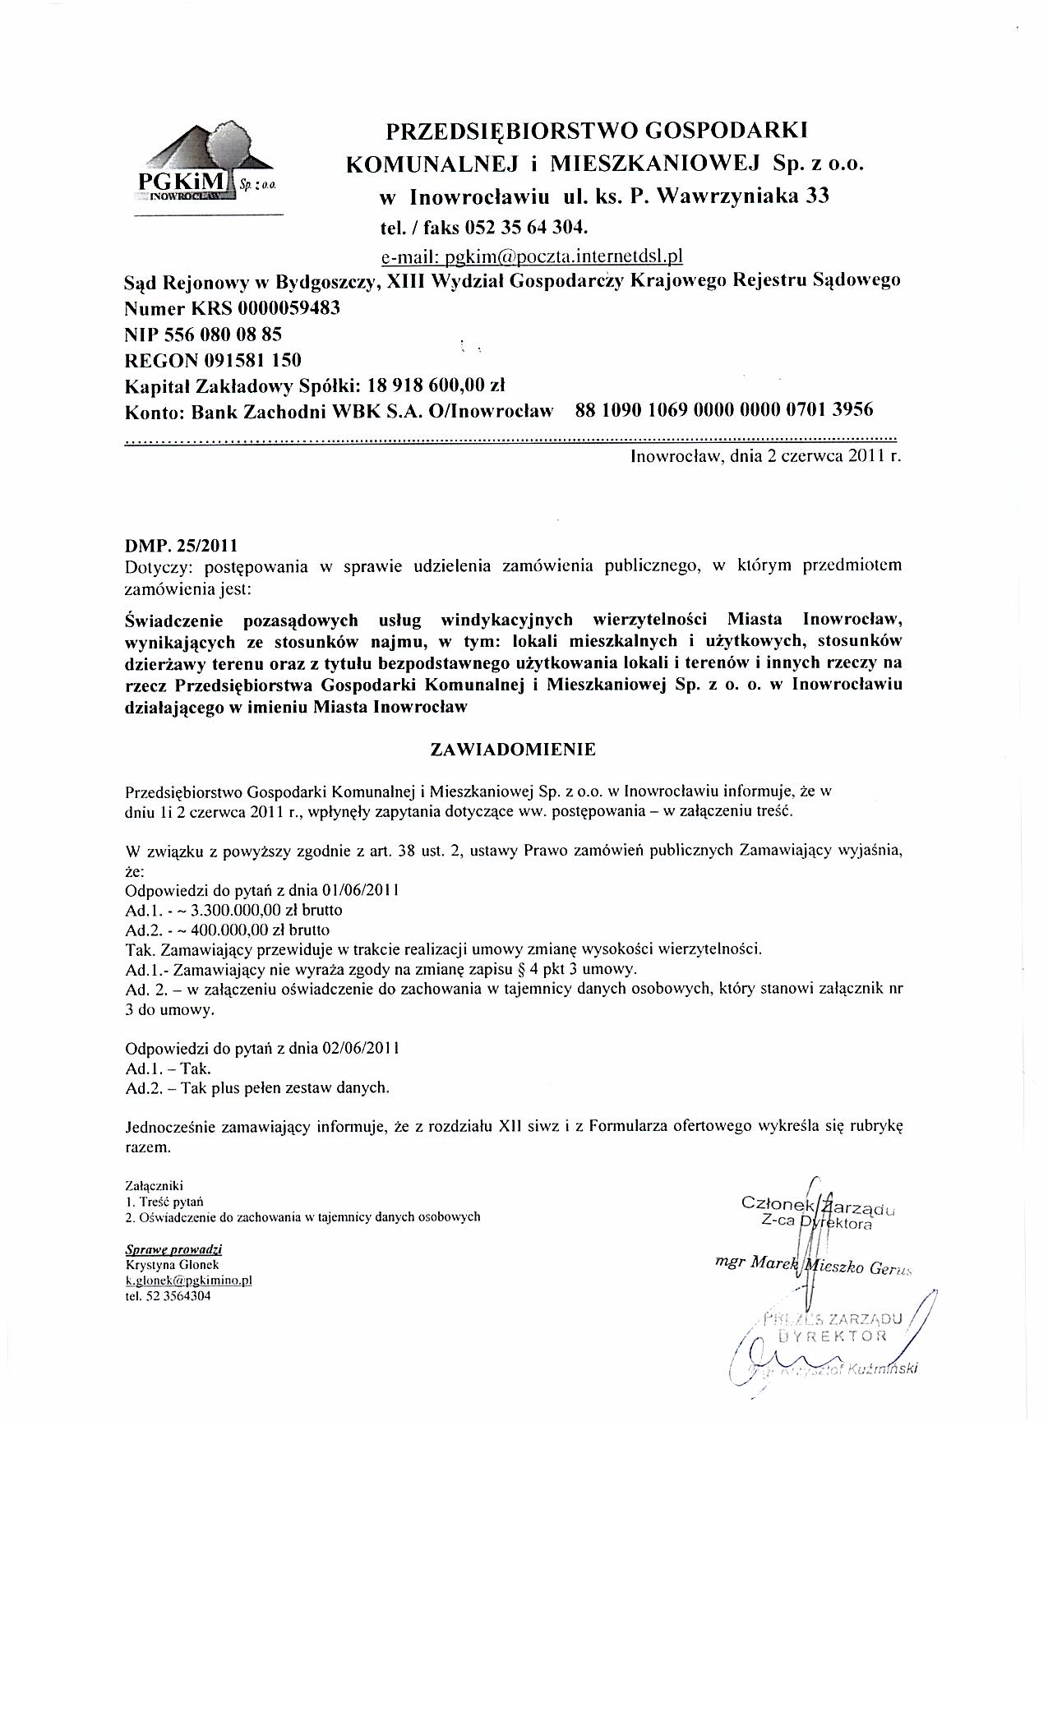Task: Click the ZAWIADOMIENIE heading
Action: pyautogui.click(x=513, y=750)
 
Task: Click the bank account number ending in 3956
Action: pyautogui.click(x=724, y=409)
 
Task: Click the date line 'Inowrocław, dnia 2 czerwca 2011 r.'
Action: pyautogui.click(x=765, y=456)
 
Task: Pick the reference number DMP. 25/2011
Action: pyautogui.click(x=181, y=545)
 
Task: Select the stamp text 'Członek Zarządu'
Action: pyautogui.click(x=818, y=1205)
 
